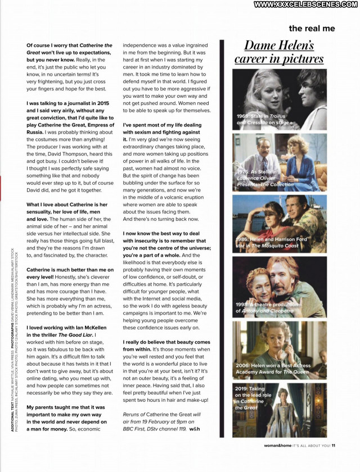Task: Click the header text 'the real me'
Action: tap(312, 29)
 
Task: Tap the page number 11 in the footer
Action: tap(333, 447)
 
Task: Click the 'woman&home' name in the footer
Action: tap(278, 447)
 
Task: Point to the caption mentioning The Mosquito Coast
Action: tap(271, 243)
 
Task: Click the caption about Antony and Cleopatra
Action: tap(264, 307)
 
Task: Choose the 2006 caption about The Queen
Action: tap(273, 369)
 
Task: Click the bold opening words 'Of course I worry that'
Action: tap(52, 45)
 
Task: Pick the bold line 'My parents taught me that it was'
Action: tap(65, 407)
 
